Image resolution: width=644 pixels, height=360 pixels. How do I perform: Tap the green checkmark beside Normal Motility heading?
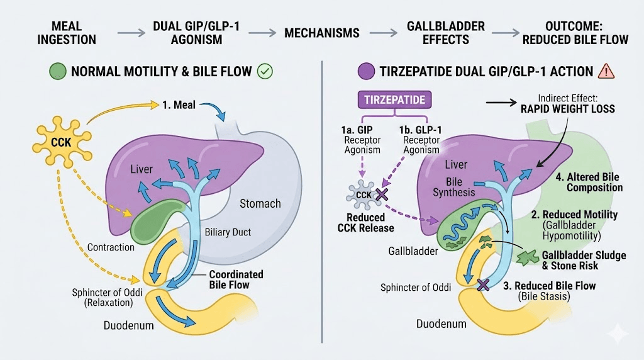tap(265, 72)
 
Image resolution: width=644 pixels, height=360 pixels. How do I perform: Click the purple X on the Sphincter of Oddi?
tap(483, 285)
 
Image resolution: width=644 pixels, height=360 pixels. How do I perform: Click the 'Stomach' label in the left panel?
tap(260, 203)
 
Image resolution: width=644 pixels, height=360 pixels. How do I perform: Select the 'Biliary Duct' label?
tap(228, 232)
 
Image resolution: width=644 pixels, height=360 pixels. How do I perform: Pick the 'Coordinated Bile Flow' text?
tap(236, 279)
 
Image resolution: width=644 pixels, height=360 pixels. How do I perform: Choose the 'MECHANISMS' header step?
tap(322, 33)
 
